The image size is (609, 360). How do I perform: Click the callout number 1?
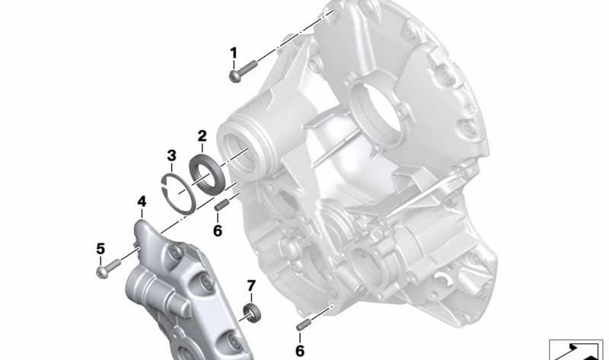pos(234,53)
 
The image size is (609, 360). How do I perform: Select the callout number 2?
pos(202,136)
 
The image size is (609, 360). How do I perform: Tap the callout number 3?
pos(171,155)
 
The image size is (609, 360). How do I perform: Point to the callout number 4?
pos(142,202)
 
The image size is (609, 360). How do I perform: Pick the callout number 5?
pos(100,249)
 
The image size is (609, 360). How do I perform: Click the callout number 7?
pos(251,286)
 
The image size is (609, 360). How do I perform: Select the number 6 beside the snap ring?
pos(218,231)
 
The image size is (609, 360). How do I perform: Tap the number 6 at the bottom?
pos(300,351)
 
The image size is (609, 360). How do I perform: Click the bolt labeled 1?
pos(243,71)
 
